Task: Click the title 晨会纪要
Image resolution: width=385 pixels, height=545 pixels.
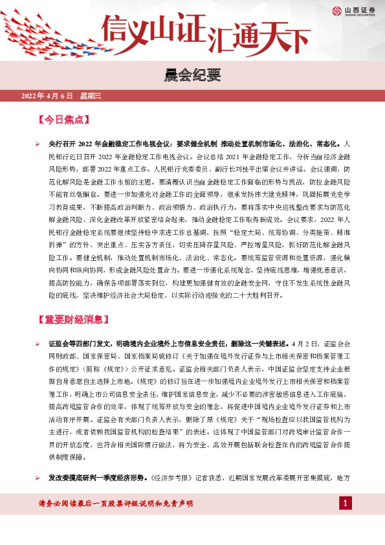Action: pos(192,76)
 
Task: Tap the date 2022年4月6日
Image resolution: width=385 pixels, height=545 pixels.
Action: pos(47,96)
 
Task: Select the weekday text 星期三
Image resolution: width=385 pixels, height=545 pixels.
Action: pos(91,96)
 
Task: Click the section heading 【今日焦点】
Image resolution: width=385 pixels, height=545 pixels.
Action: pos(63,120)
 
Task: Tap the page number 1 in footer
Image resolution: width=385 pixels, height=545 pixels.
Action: pos(346,503)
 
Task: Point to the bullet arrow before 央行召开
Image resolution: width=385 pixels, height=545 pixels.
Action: pos(38,143)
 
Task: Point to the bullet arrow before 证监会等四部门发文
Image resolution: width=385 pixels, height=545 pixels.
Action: pos(38,344)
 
